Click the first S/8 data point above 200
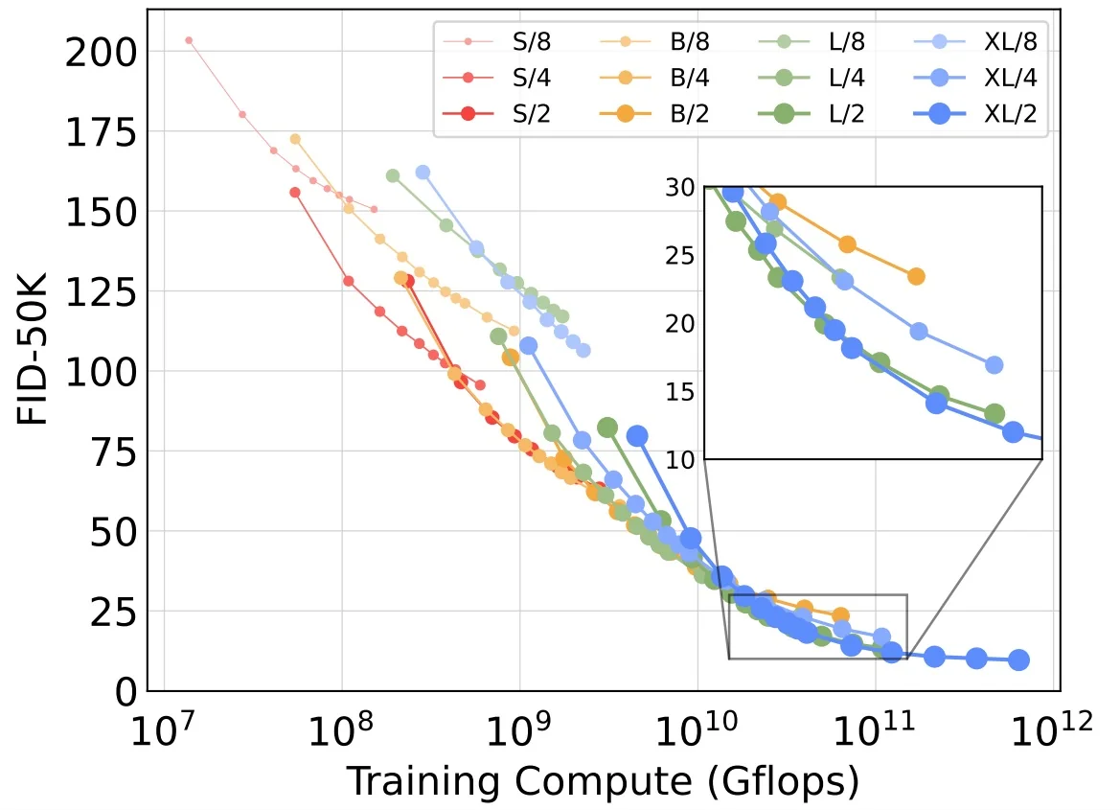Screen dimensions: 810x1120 pyautogui.click(x=189, y=40)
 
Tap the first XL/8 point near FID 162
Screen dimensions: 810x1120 pyautogui.click(x=423, y=173)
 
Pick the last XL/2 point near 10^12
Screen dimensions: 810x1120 pyautogui.click(x=1019, y=660)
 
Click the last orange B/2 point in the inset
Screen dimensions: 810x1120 pyautogui.click(x=916, y=276)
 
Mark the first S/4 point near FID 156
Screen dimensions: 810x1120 pyautogui.click(x=295, y=193)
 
